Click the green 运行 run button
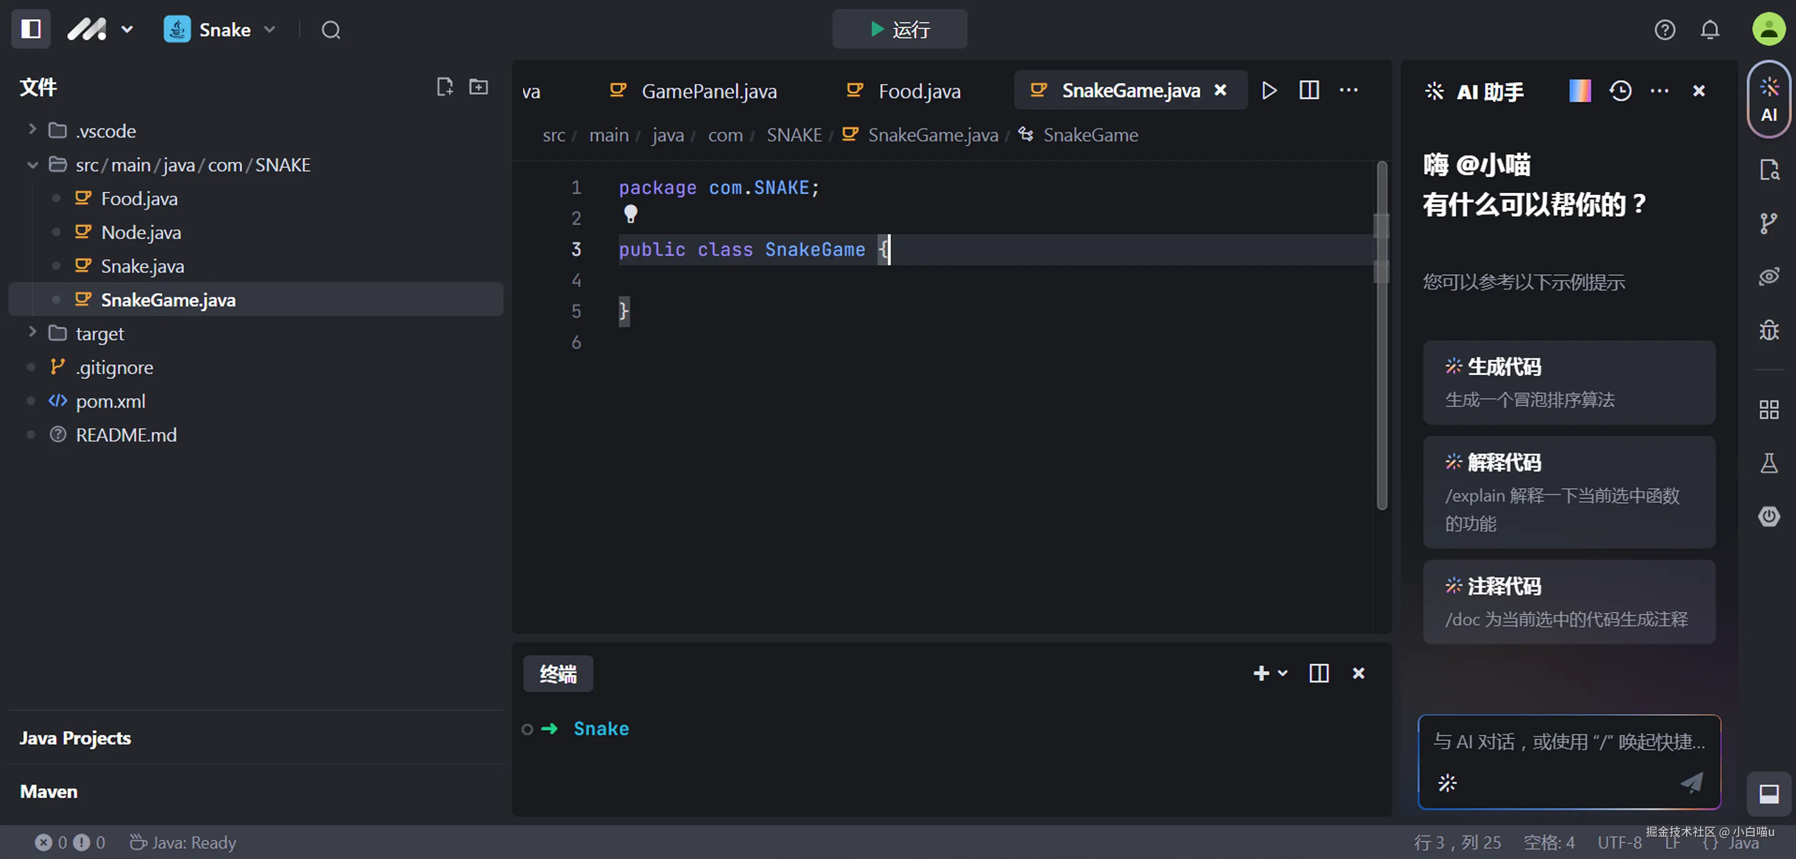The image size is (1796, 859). point(899,29)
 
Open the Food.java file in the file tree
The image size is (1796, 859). point(139,199)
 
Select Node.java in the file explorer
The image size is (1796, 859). point(141,232)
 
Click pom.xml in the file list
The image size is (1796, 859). point(110,401)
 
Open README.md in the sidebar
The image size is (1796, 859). point(125,434)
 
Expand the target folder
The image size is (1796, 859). point(100,333)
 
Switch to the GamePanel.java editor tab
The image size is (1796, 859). point(709,91)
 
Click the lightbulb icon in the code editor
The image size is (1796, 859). point(630,213)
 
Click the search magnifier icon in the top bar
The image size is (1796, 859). point(331,30)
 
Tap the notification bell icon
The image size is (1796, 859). point(1709,30)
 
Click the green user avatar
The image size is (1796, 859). point(1769,29)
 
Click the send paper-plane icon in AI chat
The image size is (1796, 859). point(1691,782)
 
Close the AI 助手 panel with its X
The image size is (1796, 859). point(1698,91)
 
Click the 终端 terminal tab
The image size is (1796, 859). point(558,674)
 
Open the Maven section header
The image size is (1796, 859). point(49,791)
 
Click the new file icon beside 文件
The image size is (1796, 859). point(444,87)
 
